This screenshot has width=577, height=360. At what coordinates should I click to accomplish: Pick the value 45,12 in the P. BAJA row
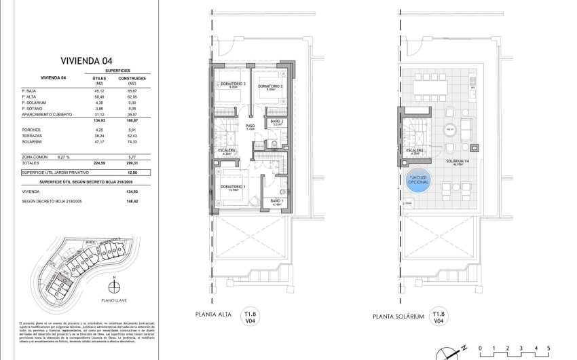pos(98,90)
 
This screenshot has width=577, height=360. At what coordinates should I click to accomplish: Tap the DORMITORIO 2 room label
pos(270,86)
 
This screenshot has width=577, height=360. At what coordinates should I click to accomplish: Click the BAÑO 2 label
pos(278,123)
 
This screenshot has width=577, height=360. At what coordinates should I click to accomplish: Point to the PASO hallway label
pos(250,126)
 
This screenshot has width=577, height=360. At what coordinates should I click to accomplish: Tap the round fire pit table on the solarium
pos(449,130)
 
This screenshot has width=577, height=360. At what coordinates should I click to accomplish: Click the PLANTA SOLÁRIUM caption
pos(398,317)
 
